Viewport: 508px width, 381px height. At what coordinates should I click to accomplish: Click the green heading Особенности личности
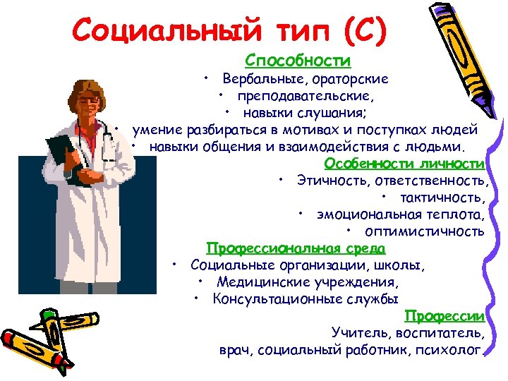405,164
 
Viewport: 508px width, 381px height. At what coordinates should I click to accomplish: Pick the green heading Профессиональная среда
296,248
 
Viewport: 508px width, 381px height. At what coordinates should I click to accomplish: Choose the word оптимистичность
425,231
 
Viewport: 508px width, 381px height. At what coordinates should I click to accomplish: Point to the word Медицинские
258,282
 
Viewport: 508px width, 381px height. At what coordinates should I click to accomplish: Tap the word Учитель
358,333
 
